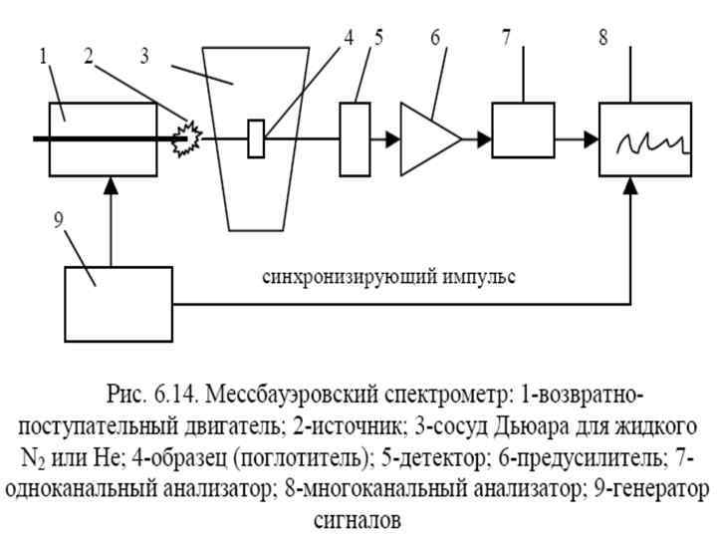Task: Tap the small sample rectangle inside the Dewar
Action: pos(256,138)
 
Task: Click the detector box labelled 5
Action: pos(357,138)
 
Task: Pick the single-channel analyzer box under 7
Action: pos(523,131)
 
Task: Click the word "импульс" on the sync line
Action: pos(479,276)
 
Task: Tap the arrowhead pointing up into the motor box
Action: pos(112,183)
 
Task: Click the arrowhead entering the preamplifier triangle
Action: pos(392,139)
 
